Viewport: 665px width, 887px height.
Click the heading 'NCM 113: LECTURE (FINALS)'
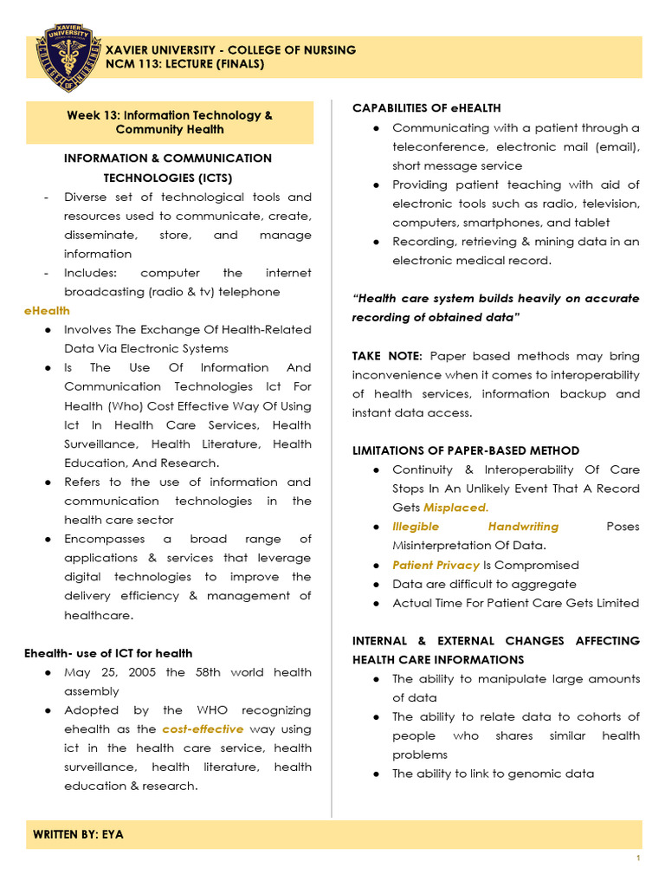click(x=184, y=64)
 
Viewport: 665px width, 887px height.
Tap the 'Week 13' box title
click(x=170, y=122)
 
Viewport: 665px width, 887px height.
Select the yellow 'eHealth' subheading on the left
click(x=48, y=310)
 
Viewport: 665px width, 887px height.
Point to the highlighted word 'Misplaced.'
click(x=455, y=508)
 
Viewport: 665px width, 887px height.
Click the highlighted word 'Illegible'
click(x=416, y=527)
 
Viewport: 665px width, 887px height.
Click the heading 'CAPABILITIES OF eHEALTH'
click(x=426, y=108)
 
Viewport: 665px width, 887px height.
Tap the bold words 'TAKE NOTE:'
click(x=387, y=356)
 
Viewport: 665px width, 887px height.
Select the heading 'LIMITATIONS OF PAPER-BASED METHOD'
click(x=466, y=450)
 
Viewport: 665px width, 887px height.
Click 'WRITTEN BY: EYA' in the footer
click(x=79, y=834)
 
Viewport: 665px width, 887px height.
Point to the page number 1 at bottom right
click(x=637, y=858)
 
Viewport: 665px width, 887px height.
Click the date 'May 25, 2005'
click(x=112, y=672)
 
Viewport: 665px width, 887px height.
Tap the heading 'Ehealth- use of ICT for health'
click(x=109, y=653)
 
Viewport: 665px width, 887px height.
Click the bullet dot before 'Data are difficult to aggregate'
click(x=375, y=585)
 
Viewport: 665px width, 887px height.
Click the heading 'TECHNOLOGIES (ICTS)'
click(x=168, y=178)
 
